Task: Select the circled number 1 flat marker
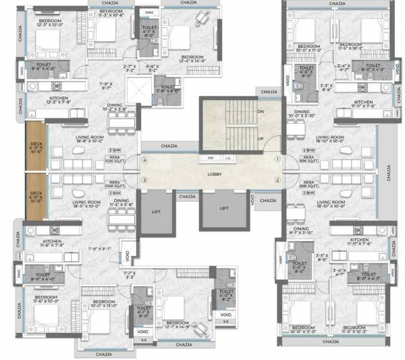pos(277,161)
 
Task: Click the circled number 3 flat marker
pos(144,180)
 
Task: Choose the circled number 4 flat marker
pos(144,161)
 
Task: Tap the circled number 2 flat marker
pos(277,180)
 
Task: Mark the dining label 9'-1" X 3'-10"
pos(302,231)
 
